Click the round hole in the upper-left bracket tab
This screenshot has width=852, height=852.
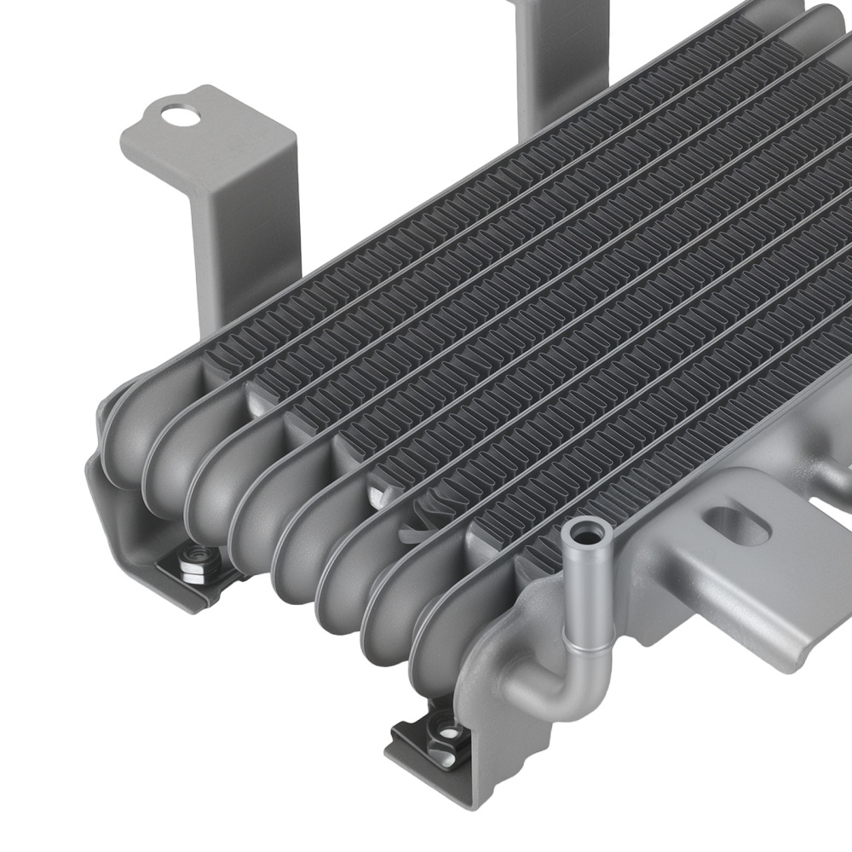click(180, 114)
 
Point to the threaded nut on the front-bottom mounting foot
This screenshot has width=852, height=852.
click(444, 730)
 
